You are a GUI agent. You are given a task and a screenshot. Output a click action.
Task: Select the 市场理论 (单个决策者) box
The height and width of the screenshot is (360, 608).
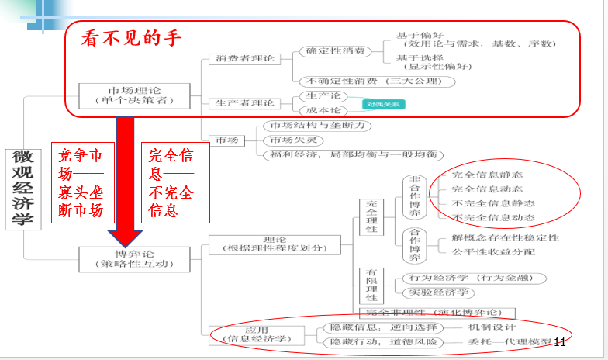tap(134, 95)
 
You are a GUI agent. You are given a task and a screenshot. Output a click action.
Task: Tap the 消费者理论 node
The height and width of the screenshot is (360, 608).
tap(245, 59)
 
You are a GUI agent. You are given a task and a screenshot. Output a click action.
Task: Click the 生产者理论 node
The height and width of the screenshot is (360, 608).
tap(245, 103)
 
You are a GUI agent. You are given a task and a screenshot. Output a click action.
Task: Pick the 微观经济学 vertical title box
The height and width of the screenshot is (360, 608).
tap(22, 189)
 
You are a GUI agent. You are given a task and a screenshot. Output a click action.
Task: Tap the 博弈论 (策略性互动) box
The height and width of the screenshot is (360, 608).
tap(134, 259)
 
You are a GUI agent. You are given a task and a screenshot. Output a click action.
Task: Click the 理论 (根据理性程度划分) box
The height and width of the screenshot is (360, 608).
tap(275, 244)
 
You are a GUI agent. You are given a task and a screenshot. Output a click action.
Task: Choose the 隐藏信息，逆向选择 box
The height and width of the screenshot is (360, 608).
tap(383, 327)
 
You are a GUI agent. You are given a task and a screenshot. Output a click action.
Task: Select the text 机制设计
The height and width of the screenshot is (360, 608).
tap(489, 327)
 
